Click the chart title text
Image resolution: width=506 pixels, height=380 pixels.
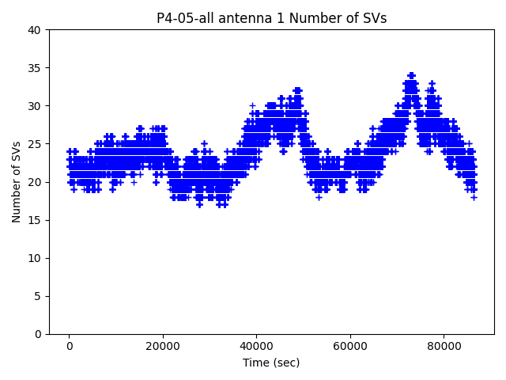click(x=271, y=18)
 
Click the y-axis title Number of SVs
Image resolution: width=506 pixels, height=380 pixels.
click(x=17, y=181)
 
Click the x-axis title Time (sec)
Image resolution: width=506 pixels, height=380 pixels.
click(x=271, y=363)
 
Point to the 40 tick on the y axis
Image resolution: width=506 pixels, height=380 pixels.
click(x=35, y=30)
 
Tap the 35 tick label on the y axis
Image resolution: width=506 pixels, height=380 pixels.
click(x=35, y=68)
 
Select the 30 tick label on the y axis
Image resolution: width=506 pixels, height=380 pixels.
click(x=35, y=106)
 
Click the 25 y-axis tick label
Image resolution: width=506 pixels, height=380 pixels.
click(x=35, y=144)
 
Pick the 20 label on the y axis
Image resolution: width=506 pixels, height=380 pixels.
click(x=35, y=182)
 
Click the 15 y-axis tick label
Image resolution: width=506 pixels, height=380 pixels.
click(x=35, y=220)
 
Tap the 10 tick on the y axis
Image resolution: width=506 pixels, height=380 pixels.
click(x=35, y=258)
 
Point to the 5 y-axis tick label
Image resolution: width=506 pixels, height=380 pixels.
click(x=38, y=296)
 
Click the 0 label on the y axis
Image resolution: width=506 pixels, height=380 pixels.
click(x=38, y=334)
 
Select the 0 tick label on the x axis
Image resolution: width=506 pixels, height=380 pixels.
click(x=69, y=346)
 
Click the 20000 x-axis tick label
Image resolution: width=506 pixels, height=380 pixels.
click(x=162, y=346)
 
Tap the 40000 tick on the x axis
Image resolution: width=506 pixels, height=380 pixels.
click(x=256, y=346)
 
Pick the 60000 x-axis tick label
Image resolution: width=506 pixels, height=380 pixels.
click(x=349, y=346)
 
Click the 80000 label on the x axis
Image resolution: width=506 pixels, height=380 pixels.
click(x=443, y=346)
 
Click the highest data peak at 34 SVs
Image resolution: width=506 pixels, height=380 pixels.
click(x=411, y=76)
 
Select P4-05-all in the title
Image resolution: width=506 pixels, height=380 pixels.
click(x=184, y=18)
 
